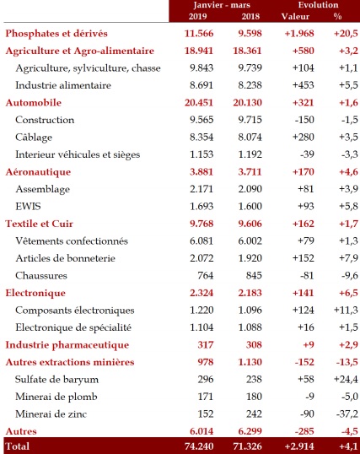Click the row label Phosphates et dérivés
pos(56,33)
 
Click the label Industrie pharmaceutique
pos(67,344)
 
